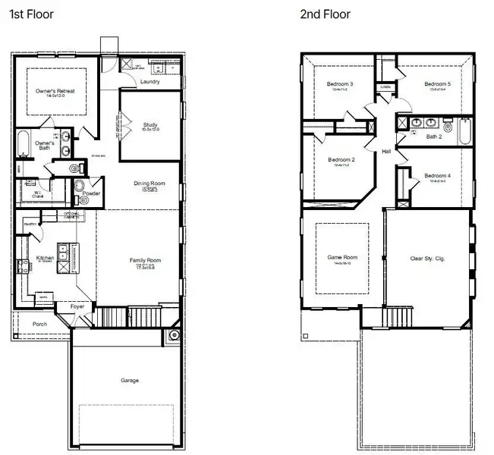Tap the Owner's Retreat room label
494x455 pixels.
click(x=55, y=91)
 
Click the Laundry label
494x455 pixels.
click(x=150, y=82)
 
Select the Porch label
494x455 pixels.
click(x=39, y=324)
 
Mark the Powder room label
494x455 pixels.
click(x=93, y=193)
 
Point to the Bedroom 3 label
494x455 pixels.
click(x=340, y=83)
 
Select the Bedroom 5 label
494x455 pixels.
click(x=437, y=83)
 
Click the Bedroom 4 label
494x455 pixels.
click(x=437, y=176)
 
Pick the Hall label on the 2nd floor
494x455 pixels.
click(x=386, y=152)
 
